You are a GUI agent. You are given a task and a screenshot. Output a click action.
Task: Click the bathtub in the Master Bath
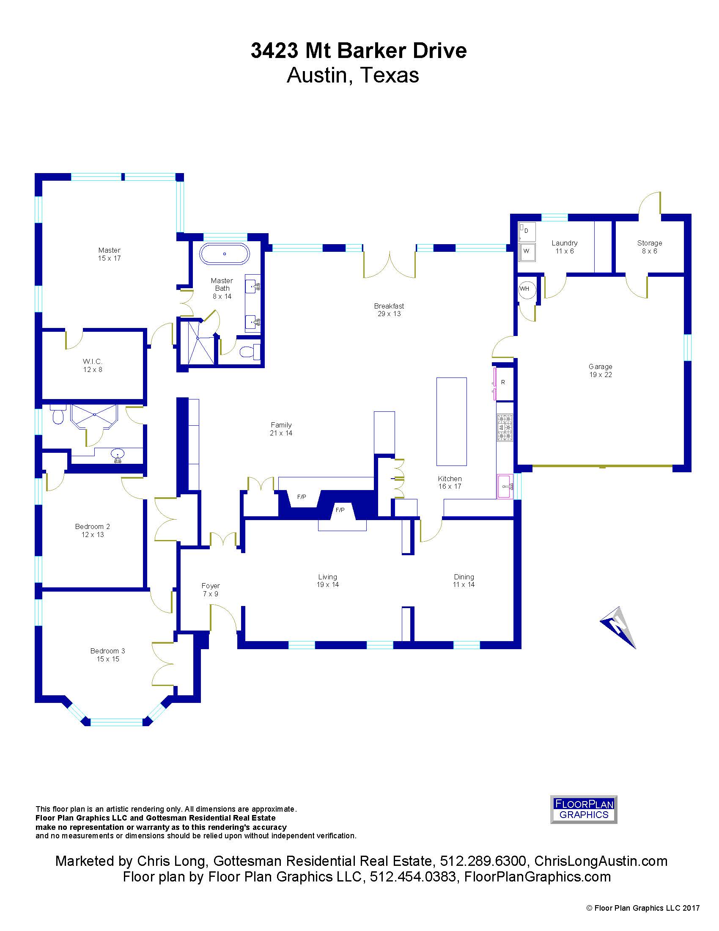click(x=225, y=254)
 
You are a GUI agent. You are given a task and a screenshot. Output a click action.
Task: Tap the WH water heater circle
click(x=527, y=289)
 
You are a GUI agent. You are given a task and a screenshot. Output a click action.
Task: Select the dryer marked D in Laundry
click(x=527, y=231)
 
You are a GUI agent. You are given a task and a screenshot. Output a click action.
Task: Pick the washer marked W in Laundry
click(x=527, y=251)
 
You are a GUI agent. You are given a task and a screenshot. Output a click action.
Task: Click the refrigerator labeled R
click(x=503, y=383)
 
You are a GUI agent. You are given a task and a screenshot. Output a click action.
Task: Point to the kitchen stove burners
click(x=505, y=427)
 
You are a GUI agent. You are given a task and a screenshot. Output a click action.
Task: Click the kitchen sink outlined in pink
click(x=505, y=486)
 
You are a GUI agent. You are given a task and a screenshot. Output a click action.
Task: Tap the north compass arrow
click(x=618, y=627)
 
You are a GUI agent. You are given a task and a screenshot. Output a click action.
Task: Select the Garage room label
click(x=601, y=370)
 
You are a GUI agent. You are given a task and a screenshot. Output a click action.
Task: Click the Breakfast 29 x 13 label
click(x=389, y=310)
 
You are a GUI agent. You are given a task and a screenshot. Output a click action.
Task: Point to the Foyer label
click(x=211, y=590)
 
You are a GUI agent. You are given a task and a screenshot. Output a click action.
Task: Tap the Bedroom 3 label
click(x=108, y=655)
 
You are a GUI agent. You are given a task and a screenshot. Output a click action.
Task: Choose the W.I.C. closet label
click(x=93, y=366)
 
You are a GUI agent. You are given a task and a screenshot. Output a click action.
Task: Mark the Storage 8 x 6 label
click(x=650, y=247)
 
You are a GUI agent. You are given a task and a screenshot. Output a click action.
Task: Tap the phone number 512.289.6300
click(x=483, y=861)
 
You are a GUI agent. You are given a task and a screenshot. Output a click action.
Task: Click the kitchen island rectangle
click(x=452, y=421)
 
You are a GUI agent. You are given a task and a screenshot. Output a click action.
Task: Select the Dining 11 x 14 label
click(x=464, y=581)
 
